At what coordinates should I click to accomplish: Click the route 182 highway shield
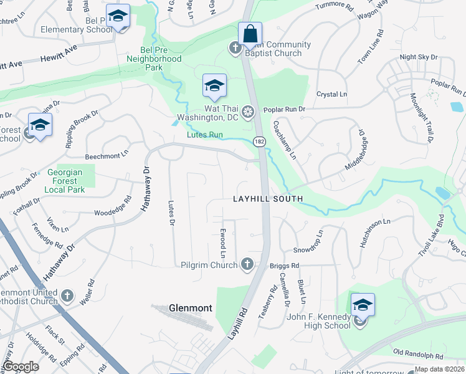259,142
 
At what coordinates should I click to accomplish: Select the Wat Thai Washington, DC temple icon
248,112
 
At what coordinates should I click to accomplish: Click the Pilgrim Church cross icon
247,264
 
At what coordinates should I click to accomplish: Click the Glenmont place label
191,308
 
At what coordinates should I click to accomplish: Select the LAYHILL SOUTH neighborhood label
268,199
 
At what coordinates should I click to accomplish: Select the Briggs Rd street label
285,265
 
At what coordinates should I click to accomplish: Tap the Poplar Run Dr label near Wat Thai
284,110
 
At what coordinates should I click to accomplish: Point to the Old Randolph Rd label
417,355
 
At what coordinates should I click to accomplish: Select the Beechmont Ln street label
107,151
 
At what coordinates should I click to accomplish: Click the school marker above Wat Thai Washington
214,86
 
